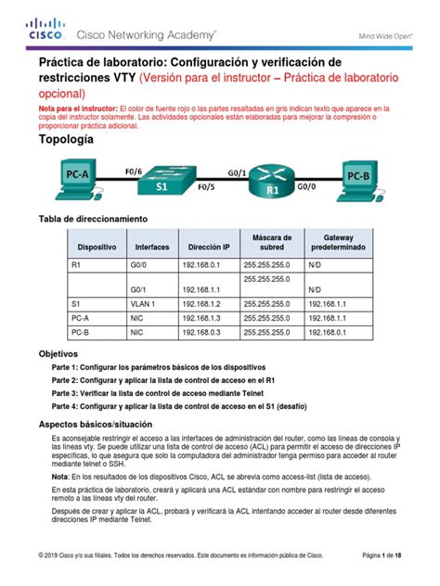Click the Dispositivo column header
97,248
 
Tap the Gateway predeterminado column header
339,243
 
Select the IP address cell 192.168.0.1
207,264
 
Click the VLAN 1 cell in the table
146,302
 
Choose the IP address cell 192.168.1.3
207,316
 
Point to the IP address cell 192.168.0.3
207,330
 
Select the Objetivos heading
58,354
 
